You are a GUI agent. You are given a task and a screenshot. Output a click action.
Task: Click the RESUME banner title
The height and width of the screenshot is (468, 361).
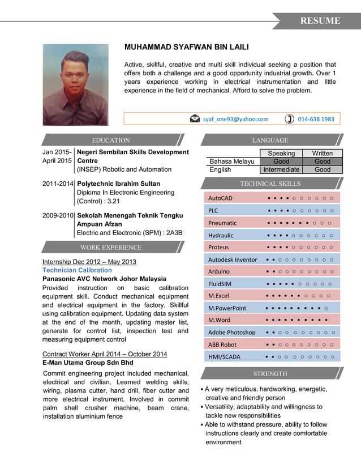[x=320, y=21]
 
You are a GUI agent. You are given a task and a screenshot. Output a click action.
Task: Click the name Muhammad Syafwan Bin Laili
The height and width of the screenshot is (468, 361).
[x=186, y=46]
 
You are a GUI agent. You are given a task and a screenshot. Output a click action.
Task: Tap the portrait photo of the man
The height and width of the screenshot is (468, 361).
[x=75, y=84]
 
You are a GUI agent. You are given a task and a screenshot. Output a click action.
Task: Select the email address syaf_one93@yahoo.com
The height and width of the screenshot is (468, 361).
[x=235, y=119]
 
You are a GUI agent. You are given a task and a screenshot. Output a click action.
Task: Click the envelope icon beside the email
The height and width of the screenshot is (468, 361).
[x=195, y=119]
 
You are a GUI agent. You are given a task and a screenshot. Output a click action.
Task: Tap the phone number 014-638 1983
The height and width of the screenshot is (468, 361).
[x=316, y=119]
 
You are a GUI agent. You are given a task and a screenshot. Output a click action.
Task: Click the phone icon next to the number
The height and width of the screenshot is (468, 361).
[x=289, y=119]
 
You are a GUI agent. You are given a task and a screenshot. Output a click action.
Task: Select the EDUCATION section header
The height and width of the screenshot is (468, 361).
[x=111, y=140]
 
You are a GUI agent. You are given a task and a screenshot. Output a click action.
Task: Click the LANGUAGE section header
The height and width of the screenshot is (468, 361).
[x=269, y=140]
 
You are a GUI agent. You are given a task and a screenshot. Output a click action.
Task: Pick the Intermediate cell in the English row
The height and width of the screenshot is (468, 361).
[x=281, y=169]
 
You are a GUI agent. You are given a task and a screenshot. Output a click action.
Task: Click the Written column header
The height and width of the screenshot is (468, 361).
[x=323, y=153]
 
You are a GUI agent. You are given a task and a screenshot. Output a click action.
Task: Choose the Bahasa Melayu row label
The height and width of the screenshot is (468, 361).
[x=231, y=161]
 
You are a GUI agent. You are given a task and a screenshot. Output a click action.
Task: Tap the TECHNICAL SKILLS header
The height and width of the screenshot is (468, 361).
[x=270, y=184]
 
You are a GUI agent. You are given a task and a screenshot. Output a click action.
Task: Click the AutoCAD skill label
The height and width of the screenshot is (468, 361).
[x=220, y=198]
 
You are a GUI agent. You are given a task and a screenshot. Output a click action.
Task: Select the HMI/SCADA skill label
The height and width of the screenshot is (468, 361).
[x=224, y=356]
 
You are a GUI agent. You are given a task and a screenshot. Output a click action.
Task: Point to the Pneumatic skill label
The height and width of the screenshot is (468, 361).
[x=222, y=223]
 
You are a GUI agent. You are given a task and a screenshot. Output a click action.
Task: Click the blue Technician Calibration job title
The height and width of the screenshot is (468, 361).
[x=77, y=270]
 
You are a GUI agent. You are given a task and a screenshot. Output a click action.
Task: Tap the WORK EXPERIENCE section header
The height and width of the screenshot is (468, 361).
[x=111, y=247]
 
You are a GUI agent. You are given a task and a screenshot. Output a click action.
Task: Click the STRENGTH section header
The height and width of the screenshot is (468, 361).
[x=270, y=373]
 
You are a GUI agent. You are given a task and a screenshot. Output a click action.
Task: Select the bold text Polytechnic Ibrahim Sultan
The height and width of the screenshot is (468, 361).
[x=118, y=184]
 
